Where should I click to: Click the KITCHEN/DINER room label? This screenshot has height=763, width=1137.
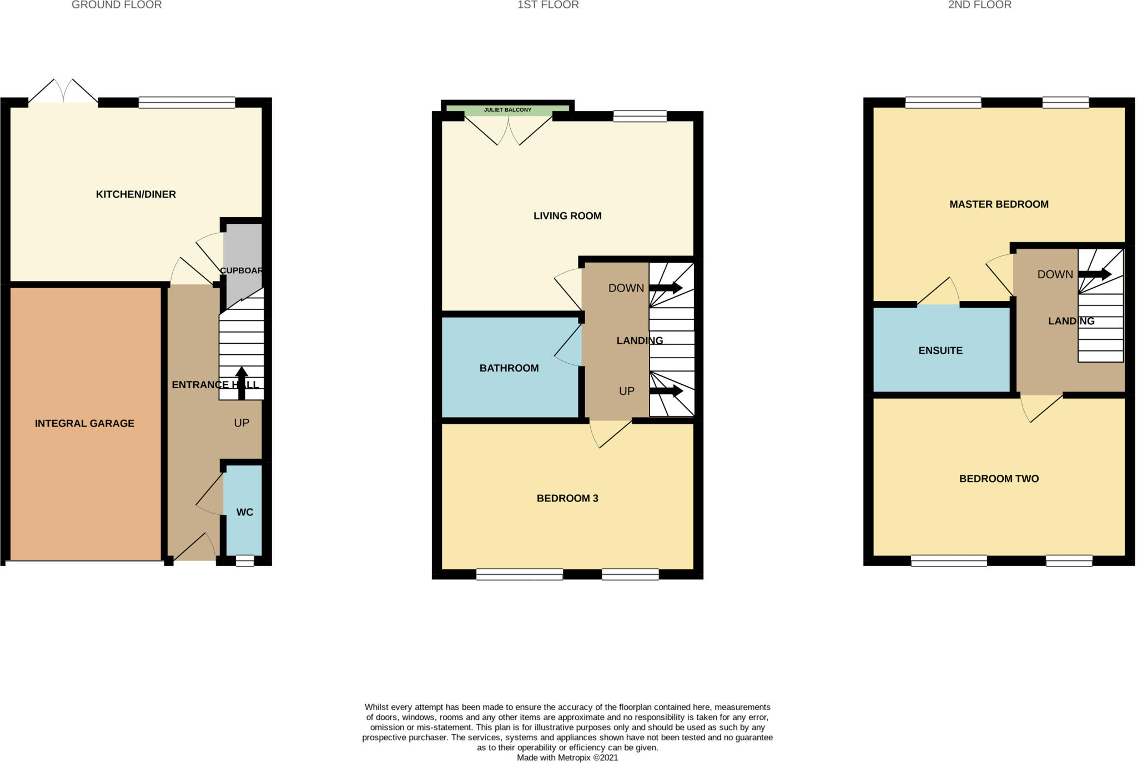point(135,194)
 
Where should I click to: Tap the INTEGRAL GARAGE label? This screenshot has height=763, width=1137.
point(84,423)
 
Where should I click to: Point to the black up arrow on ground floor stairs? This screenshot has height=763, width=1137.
point(242,383)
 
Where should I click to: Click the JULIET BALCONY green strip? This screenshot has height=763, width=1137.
point(507,110)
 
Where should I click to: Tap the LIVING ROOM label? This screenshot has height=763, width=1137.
point(567,216)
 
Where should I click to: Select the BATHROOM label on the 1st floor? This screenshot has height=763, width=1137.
point(509,368)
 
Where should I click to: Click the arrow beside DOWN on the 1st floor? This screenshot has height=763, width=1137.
point(666,288)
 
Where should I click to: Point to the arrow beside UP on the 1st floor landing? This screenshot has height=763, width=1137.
point(666,391)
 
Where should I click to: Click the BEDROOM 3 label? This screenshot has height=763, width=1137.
point(567,498)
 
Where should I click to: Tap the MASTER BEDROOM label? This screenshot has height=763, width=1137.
point(998,204)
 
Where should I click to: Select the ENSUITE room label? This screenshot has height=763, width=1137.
point(940,350)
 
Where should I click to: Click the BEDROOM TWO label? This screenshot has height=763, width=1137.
point(998,479)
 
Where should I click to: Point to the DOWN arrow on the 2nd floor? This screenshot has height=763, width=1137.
point(1094,274)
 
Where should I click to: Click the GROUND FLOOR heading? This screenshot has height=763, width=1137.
point(117,5)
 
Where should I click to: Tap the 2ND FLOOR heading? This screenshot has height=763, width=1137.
point(979,5)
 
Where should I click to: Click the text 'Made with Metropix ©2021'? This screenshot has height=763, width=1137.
point(567,757)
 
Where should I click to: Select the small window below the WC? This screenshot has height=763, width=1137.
point(244,561)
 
